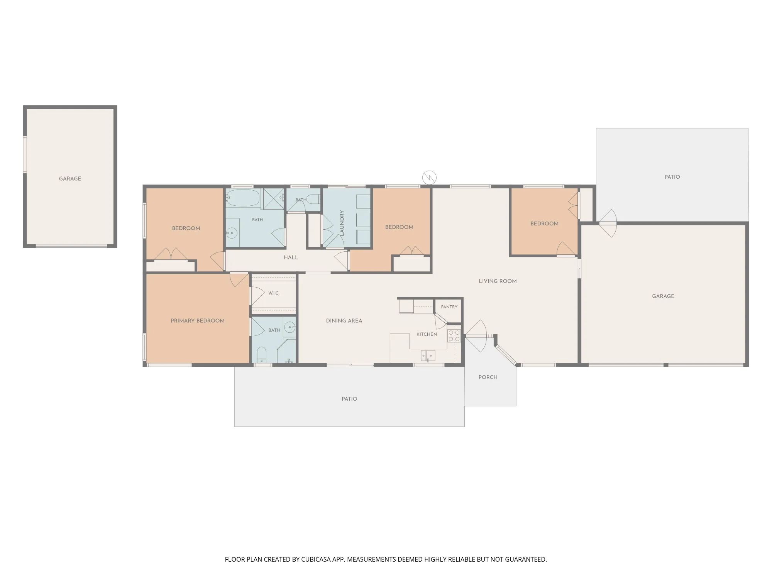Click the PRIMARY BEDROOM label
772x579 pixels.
pyautogui.click(x=198, y=321)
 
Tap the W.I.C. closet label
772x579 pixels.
pyautogui.click(x=274, y=293)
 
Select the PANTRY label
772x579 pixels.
pyautogui.click(x=449, y=307)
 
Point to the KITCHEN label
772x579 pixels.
pyautogui.click(x=427, y=334)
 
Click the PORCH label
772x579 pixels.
pyautogui.click(x=488, y=377)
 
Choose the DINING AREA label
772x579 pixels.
pyautogui.click(x=344, y=321)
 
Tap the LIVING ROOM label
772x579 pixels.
pyautogui.click(x=498, y=281)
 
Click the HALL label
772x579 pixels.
pyautogui.click(x=291, y=257)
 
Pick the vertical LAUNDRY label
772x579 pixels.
pyautogui.click(x=342, y=223)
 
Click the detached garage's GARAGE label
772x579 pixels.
pyautogui.click(x=70, y=179)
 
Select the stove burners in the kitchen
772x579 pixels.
pyautogui.click(x=454, y=336)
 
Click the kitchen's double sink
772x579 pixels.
pyautogui.click(x=428, y=356)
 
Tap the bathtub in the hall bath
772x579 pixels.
pyautogui.click(x=243, y=198)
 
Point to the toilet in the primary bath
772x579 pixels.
pyautogui.click(x=262, y=355)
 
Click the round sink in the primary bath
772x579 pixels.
pyautogui.click(x=290, y=328)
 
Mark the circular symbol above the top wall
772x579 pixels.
pyautogui.click(x=429, y=178)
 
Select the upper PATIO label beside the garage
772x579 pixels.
pyautogui.click(x=672, y=177)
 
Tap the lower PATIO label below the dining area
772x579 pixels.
pyautogui.click(x=349, y=399)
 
